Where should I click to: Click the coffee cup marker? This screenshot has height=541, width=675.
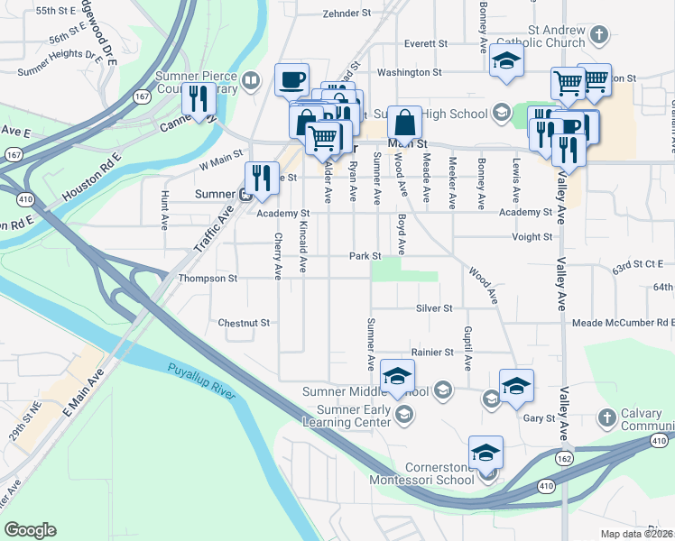click(291, 79)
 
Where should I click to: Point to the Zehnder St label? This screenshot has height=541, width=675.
click(347, 14)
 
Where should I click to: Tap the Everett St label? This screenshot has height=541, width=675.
click(426, 43)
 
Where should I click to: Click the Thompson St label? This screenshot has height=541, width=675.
click(208, 279)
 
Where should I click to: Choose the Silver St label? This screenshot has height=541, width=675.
click(434, 307)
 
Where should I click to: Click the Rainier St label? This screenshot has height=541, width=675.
click(430, 352)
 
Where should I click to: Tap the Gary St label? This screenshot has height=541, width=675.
click(539, 418)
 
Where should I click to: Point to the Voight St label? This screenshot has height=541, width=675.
click(532, 237)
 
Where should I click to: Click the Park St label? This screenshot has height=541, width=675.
click(365, 256)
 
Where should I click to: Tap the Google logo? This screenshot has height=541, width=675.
click(30, 530)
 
